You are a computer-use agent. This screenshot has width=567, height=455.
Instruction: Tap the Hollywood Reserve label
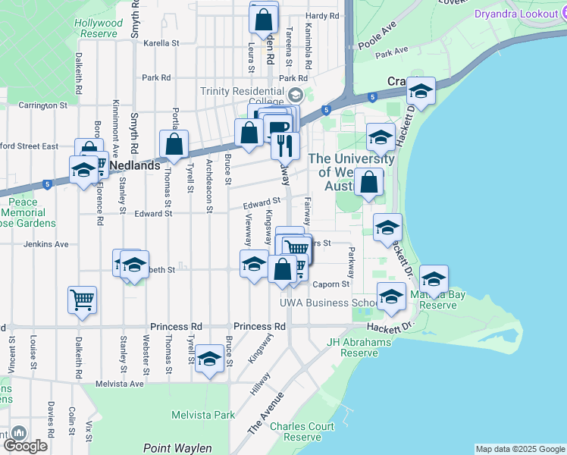tap(99, 28)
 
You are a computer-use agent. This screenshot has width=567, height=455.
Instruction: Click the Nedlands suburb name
tap(136, 165)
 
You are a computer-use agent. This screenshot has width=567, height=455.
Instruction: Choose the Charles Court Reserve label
tap(302, 431)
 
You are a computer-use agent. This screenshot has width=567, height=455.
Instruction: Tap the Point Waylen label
tap(177, 448)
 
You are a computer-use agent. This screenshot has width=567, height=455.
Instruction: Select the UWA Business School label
tap(327, 303)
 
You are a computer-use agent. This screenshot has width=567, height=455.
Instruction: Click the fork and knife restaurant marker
tap(285, 144)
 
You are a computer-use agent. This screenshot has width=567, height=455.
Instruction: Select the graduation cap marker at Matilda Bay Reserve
tap(434, 278)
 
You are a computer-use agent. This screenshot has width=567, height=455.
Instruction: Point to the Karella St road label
tap(161, 43)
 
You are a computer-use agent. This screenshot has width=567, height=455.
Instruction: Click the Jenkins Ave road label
tap(46, 244)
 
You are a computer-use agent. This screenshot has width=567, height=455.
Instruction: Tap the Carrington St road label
tap(43, 105)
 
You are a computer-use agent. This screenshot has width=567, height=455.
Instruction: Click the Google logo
tap(25, 446)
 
